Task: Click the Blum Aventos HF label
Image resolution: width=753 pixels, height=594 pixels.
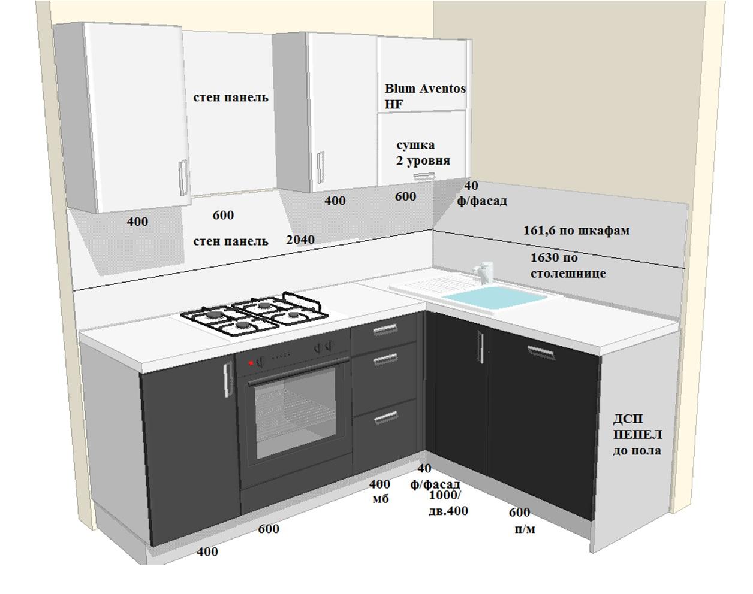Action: pos(425,96)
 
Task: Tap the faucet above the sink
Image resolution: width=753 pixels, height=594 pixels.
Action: pos(483,271)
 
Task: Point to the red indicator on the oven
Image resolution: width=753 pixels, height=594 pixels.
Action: pos(251,363)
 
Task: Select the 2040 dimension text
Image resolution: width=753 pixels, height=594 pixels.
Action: pos(300,240)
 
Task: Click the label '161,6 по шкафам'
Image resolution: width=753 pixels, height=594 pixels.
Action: pos(576,230)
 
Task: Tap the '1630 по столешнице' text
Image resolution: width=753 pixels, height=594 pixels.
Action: pos(568,265)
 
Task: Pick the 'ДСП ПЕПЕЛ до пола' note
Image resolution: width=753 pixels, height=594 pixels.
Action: pos(637,435)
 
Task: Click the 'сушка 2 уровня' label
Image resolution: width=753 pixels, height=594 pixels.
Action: pos(423,153)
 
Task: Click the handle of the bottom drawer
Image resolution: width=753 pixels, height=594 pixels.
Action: pos(385,417)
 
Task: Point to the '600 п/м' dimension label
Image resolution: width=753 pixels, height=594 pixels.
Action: pos(522,520)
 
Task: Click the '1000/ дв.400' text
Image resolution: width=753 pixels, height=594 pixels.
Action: pos(448,503)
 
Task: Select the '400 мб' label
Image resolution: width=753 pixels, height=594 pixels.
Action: pos(379,491)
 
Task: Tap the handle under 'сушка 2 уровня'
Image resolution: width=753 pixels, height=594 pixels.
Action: pos(424,177)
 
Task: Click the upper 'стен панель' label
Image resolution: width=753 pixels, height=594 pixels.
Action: pos(231,97)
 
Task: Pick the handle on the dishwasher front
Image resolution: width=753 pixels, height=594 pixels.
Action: pos(541,351)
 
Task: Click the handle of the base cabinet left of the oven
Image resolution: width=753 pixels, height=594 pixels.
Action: pos(228,380)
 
